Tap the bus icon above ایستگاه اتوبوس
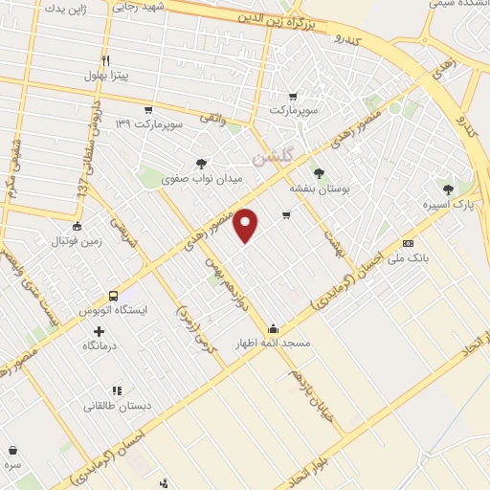[114, 296]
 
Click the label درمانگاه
[99, 345]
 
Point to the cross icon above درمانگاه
[99, 331]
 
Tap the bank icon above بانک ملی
[409, 243]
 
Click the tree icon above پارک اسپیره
[450, 189]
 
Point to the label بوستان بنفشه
[320, 189]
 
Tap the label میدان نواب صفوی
[202, 179]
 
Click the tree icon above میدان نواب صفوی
[201, 164]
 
